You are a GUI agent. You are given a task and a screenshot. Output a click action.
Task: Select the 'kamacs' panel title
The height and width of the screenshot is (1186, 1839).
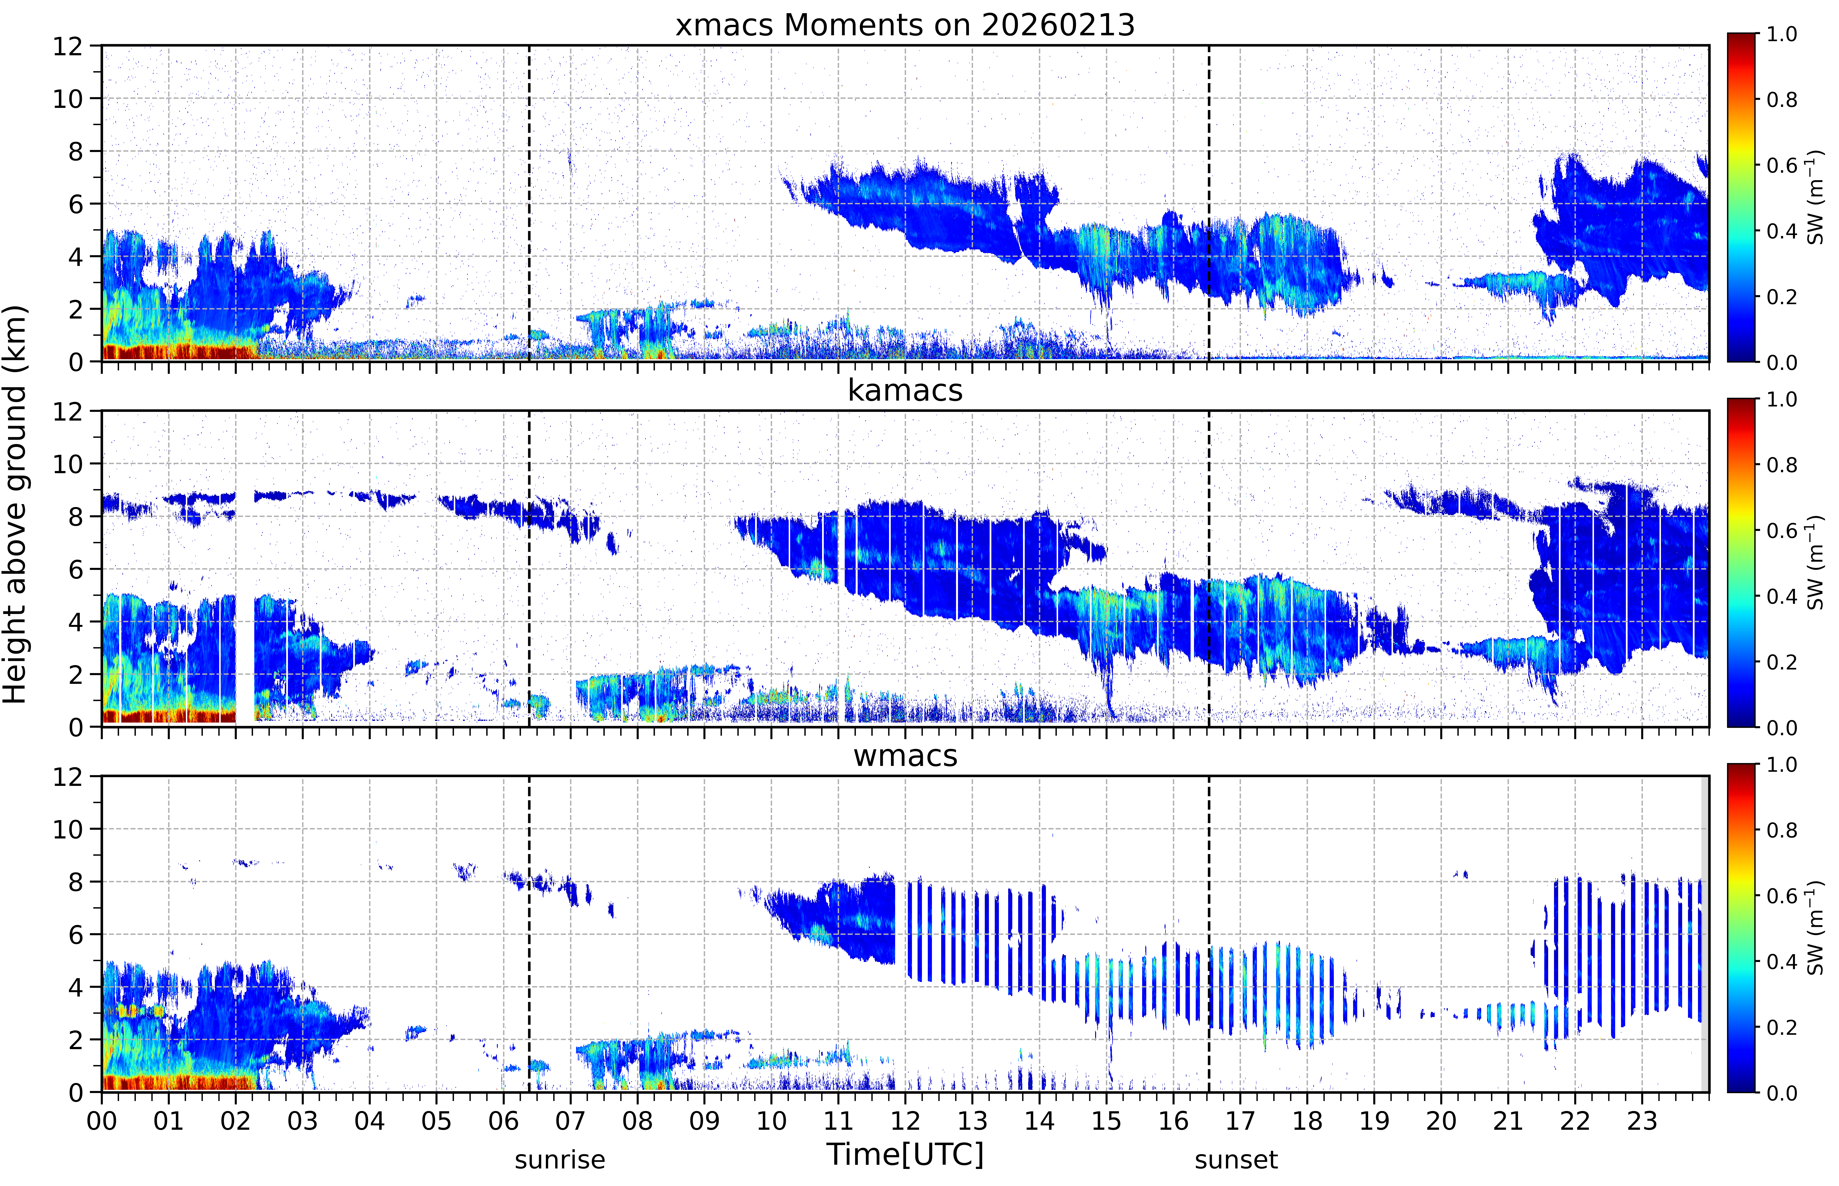[x=905, y=390]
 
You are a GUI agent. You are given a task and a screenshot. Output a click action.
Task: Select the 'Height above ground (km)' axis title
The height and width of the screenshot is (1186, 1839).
[x=15, y=504]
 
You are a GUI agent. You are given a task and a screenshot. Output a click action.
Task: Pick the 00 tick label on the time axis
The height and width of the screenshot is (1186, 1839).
[x=102, y=1120]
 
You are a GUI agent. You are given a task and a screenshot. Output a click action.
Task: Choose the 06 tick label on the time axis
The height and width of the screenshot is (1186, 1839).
[x=504, y=1120]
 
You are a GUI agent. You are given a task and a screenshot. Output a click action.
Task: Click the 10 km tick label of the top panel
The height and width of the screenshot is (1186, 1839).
[x=68, y=99]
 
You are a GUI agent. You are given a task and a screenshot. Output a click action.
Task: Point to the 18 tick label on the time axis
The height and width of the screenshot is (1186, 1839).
[x=1307, y=1120]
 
